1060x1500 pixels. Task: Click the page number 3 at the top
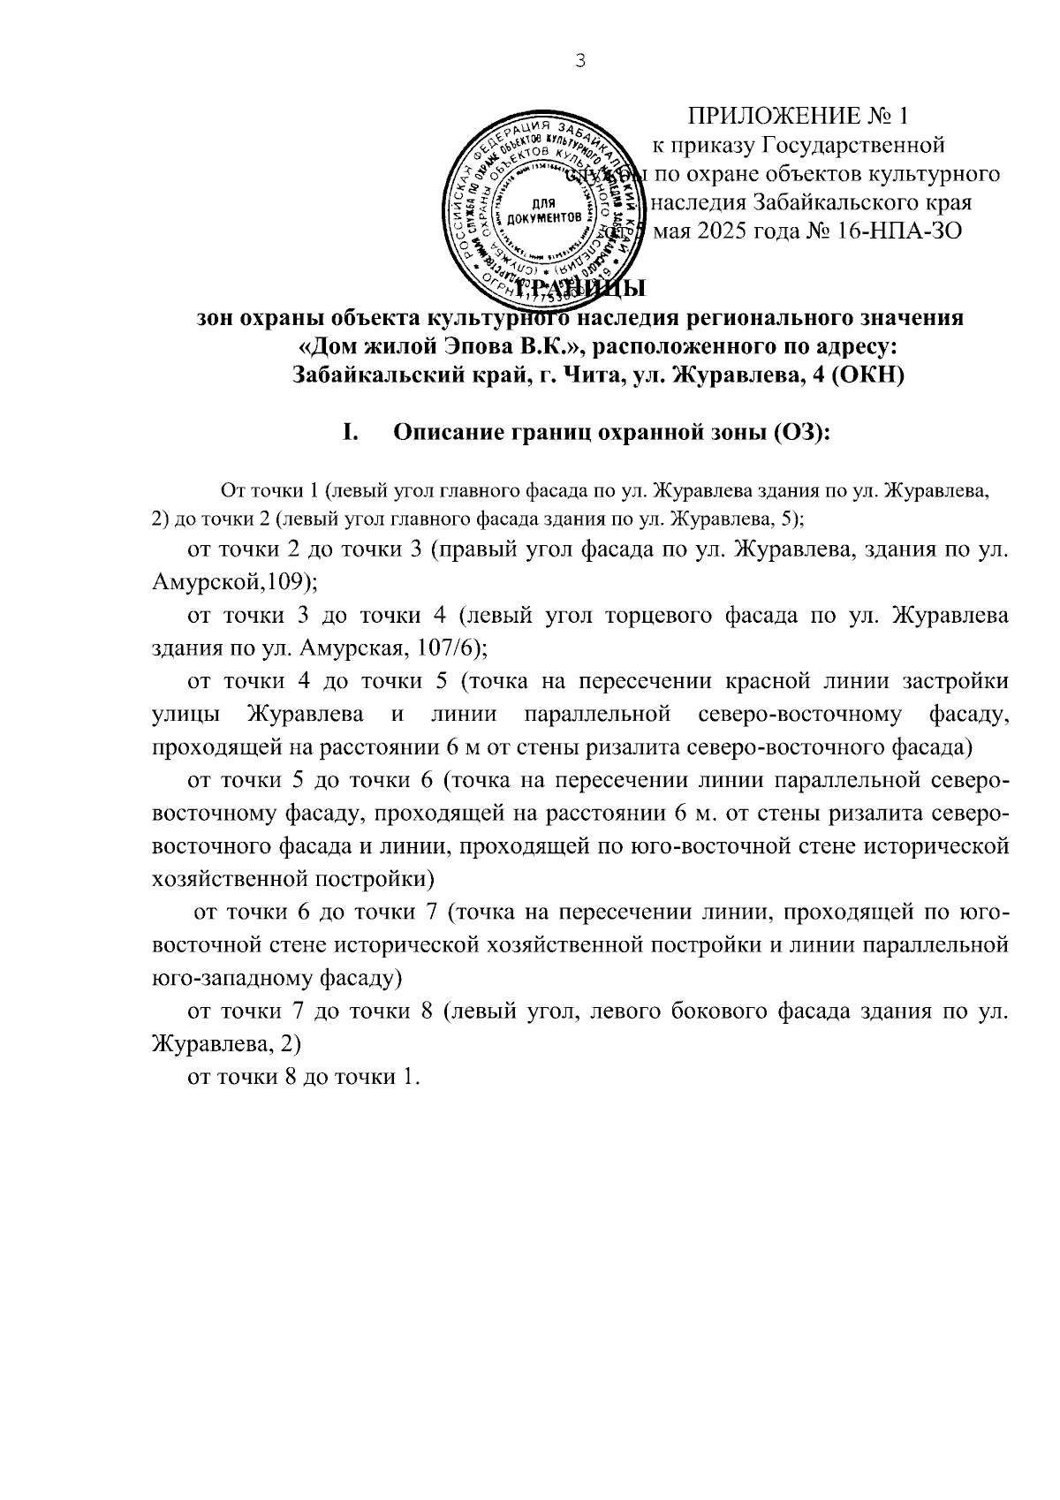[579, 61]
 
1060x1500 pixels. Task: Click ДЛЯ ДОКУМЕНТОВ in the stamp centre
[542, 210]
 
